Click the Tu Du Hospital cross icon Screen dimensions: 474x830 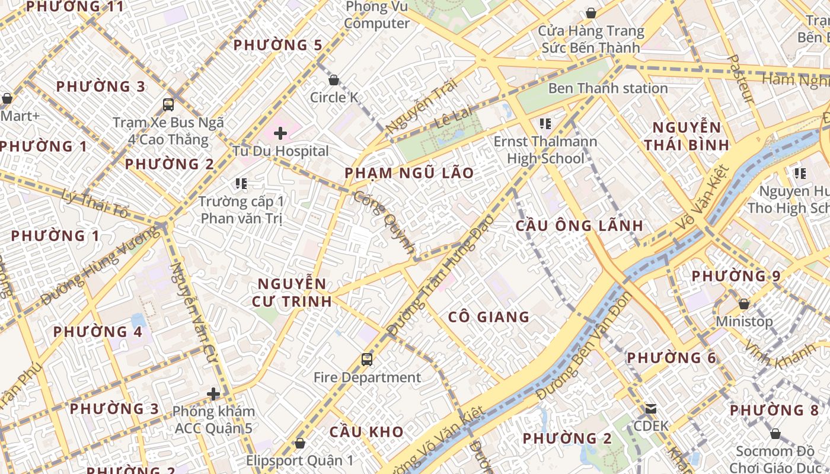point(280,133)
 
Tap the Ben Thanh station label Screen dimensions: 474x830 point(608,88)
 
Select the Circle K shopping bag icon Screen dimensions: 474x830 point(334,80)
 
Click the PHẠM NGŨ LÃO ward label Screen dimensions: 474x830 point(410,173)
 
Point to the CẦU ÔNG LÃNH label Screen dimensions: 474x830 point(579,226)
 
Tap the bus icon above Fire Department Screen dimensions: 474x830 point(367,359)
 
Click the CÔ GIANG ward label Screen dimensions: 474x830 point(489,317)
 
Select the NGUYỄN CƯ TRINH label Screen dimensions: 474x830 point(292,293)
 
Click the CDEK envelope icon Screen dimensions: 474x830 point(651,409)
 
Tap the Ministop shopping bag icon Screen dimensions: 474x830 point(743,304)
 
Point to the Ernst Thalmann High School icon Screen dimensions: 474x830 point(545,124)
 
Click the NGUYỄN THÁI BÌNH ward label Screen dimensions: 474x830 point(687,136)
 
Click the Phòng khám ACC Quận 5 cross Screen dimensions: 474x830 point(213,394)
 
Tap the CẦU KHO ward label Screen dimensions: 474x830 point(366,432)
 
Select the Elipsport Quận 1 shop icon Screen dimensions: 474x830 point(300,443)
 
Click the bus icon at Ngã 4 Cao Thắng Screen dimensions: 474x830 point(168,105)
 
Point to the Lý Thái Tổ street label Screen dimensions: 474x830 point(95,203)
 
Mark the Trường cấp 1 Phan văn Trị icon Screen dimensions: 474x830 point(241,184)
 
